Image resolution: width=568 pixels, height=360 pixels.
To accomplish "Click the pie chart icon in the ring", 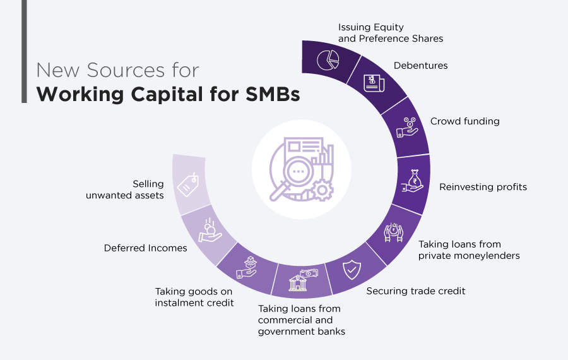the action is click(x=328, y=61).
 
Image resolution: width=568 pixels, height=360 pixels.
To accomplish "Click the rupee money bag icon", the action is click(x=413, y=181).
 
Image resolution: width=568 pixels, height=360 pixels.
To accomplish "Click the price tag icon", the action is click(x=189, y=184).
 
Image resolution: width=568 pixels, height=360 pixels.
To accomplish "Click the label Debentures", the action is click(x=420, y=65).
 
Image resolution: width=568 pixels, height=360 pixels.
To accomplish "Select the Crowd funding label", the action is click(x=464, y=121).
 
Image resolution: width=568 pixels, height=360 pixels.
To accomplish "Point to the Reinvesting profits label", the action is click(x=483, y=187).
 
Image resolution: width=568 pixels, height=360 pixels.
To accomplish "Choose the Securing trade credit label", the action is click(x=416, y=291).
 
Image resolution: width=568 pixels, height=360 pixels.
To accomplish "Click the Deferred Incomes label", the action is click(x=145, y=248).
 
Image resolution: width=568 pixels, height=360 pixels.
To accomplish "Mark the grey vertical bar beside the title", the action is click(x=24, y=51).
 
